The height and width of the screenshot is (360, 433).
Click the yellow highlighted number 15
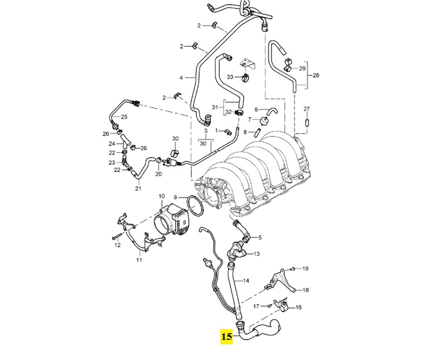click(x=227, y=337)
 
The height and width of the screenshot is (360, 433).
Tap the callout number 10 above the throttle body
click(x=162, y=196)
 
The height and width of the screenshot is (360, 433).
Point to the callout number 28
click(x=316, y=75)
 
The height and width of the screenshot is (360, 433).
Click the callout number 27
click(x=306, y=108)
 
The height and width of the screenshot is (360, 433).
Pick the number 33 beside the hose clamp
click(x=230, y=76)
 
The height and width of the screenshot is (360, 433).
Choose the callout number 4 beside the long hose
click(x=181, y=78)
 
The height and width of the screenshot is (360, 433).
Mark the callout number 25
click(x=124, y=117)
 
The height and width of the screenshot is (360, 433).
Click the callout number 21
click(x=138, y=189)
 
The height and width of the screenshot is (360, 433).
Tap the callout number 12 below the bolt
click(x=118, y=245)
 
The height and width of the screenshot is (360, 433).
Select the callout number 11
click(x=139, y=260)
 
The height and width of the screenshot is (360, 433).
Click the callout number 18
click(x=305, y=290)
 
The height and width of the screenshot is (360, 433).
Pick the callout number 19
click(x=305, y=268)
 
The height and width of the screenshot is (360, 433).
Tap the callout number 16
click(x=298, y=307)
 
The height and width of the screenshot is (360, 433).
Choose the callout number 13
click(x=257, y=254)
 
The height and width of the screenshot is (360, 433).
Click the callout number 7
click(x=257, y=120)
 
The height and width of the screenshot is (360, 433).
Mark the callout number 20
click(x=158, y=174)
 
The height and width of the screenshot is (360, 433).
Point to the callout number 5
click(x=259, y=237)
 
